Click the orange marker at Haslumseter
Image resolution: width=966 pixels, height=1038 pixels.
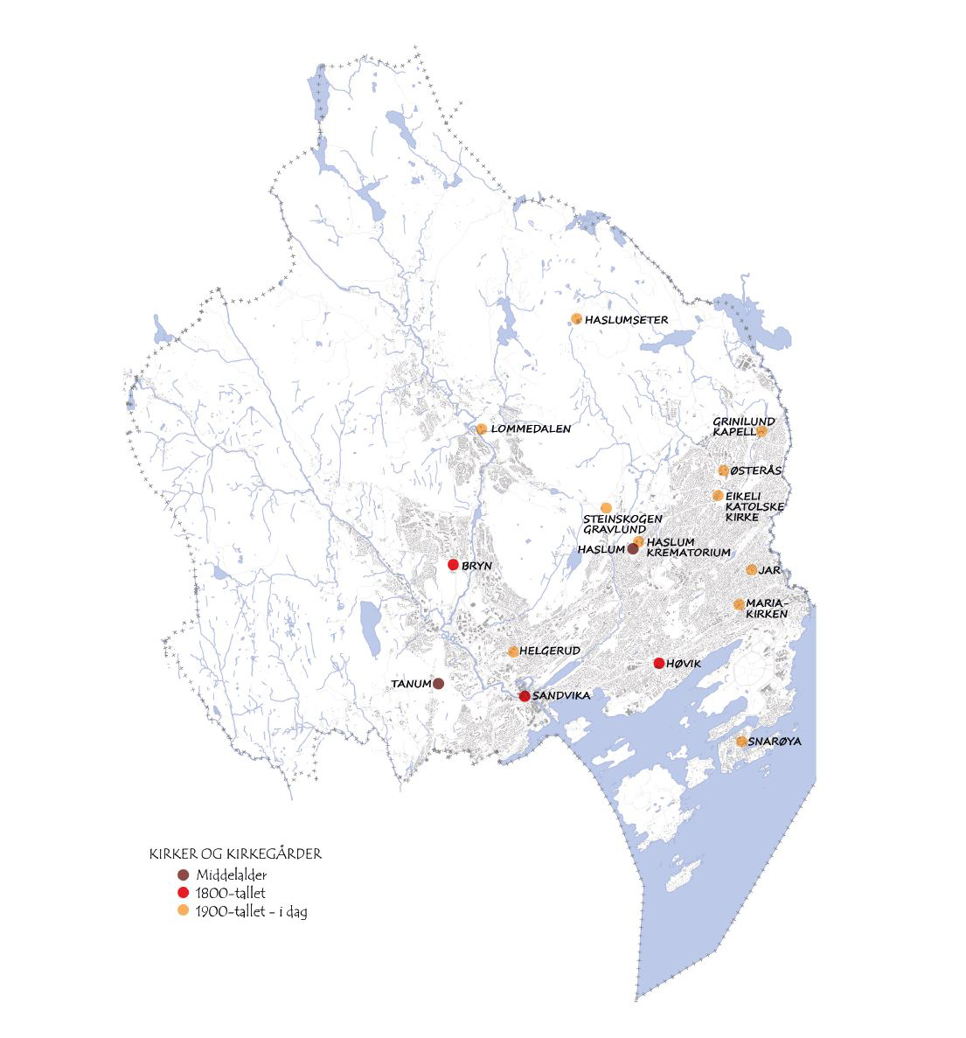coord(576,318)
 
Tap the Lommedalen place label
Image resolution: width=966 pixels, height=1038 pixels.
coord(531,429)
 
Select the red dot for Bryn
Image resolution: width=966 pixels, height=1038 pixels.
coord(453,565)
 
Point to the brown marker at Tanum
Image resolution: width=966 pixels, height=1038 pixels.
coord(438,683)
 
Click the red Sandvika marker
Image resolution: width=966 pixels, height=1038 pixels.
coord(524,696)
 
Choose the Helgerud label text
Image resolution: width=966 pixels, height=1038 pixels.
coord(546,651)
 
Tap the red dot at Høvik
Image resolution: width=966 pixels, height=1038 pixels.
coord(658,664)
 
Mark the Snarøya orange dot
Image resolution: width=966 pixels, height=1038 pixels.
coord(741,742)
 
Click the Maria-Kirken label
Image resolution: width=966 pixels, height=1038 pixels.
coord(767,609)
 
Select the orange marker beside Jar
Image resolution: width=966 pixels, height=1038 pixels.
coord(751,570)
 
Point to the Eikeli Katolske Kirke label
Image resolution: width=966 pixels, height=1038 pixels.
coord(754,506)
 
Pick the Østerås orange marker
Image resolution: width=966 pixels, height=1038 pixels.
coord(723,470)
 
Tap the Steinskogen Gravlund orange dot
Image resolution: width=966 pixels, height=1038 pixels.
coord(606,508)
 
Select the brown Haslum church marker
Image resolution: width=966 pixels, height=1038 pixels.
coord(632,549)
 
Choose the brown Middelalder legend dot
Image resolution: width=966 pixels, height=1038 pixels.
coord(183,875)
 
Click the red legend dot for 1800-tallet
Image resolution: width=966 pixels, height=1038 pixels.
coord(183,893)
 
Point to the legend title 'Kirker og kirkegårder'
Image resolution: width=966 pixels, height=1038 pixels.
coord(235,854)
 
